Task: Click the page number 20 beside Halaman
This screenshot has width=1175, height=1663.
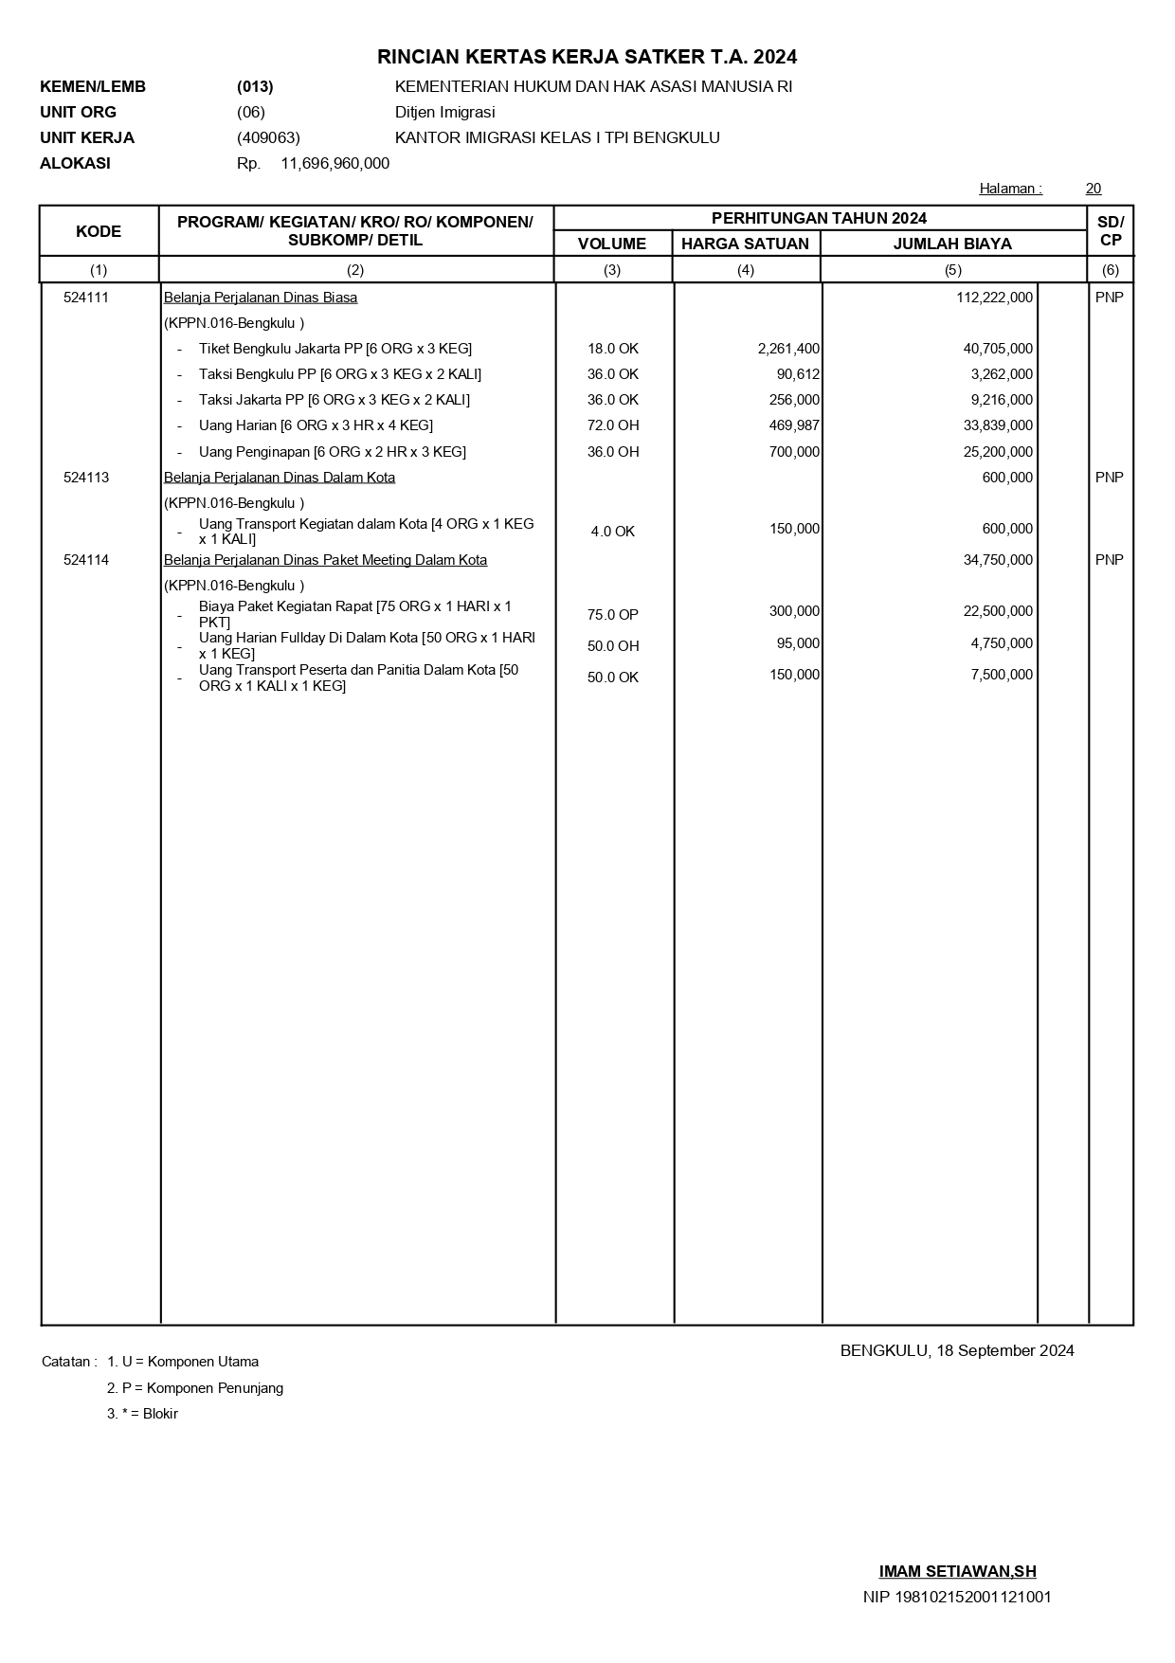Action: (x=1093, y=189)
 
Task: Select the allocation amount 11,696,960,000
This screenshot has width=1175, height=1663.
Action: (x=334, y=163)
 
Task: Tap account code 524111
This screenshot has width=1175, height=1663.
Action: (x=86, y=298)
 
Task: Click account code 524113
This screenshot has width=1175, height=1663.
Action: (x=86, y=478)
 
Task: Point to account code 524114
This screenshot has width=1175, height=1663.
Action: (x=86, y=560)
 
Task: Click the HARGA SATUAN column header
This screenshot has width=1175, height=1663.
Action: (x=745, y=244)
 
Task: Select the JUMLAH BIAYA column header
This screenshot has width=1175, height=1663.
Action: (x=952, y=244)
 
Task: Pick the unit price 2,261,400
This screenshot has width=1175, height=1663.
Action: (x=788, y=349)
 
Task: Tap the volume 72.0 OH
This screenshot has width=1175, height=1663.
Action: (x=612, y=425)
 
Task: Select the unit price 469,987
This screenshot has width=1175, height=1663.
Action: (x=794, y=425)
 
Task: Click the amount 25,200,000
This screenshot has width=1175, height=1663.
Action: (x=998, y=452)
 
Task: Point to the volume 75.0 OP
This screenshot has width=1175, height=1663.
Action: (x=612, y=615)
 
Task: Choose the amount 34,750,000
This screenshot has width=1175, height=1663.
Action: (x=998, y=560)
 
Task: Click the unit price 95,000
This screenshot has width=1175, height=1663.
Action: (x=798, y=643)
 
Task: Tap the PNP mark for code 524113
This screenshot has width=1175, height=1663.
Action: (x=1109, y=478)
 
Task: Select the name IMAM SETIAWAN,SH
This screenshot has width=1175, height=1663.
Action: (x=957, y=1571)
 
